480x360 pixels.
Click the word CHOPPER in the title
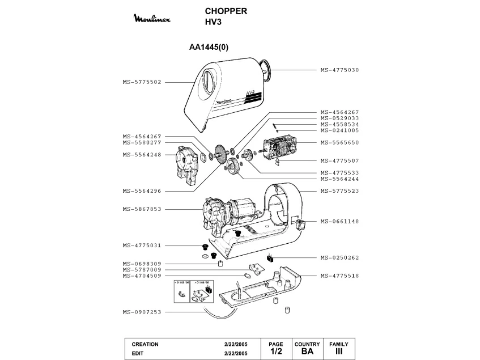click(x=226, y=11)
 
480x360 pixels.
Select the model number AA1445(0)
click(x=209, y=48)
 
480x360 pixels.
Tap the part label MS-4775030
click(x=339, y=70)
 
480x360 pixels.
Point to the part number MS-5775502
click(x=142, y=82)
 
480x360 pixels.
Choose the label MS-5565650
click(x=339, y=142)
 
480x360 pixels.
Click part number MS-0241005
click(x=339, y=130)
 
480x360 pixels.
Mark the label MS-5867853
click(x=142, y=209)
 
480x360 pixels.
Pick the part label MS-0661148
click(x=339, y=221)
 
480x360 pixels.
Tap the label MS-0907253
click(x=142, y=312)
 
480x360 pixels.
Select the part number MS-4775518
click(x=339, y=276)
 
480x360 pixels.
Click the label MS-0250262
click(x=339, y=257)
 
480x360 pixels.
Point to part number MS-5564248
click(x=142, y=154)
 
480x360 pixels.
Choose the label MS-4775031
click(x=142, y=245)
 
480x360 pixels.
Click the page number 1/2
click(x=276, y=352)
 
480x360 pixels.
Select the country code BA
click(x=307, y=352)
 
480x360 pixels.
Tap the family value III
click(x=339, y=352)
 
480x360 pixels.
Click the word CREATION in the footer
click(x=145, y=344)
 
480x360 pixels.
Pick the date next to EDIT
click(x=236, y=353)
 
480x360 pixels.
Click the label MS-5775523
click(x=339, y=190)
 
